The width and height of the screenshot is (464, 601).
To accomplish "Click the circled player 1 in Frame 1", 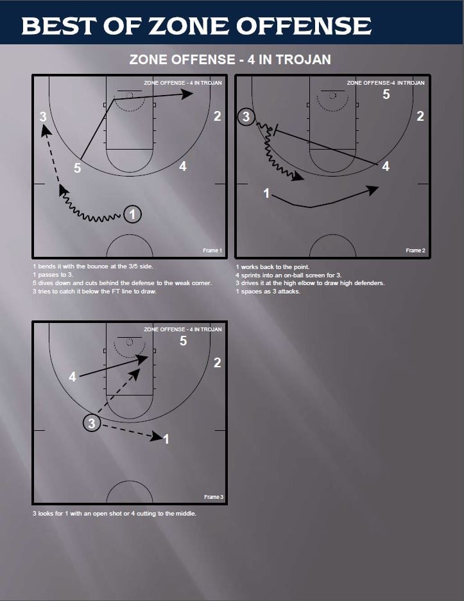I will [132, 214].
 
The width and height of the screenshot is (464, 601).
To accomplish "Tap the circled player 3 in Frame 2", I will [246, 117].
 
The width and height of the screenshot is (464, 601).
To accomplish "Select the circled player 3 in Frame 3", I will [92, 423].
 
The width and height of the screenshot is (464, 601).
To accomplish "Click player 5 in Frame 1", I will [77, 168].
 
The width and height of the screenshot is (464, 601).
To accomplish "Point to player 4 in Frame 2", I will [385, 166].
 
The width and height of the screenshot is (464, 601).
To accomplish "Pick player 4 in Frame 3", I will [73, 377].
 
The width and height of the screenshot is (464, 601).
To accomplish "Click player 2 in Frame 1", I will [218, 116].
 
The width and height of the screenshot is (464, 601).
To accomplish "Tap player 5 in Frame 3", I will [183, 341].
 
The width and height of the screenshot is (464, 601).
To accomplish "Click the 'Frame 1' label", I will [212, 250].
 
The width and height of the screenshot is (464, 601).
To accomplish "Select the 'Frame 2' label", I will [415, 250].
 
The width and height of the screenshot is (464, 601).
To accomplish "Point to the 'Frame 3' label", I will [213, 497].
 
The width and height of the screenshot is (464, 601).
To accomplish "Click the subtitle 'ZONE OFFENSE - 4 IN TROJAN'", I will [230, 60].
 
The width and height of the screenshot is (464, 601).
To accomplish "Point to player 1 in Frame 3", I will [166, 439].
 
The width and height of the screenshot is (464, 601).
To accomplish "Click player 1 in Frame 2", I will [266, 193].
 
